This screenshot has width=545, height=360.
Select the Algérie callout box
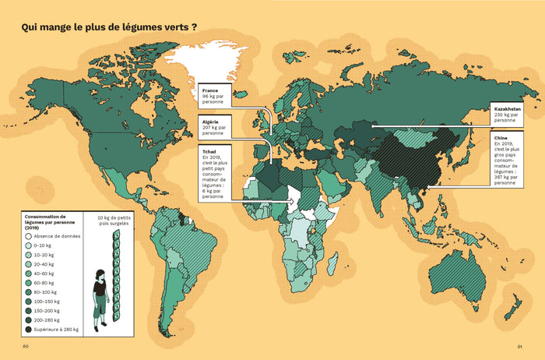(x=216, y=128)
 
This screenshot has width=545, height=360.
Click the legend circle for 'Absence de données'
(x=29, y=235)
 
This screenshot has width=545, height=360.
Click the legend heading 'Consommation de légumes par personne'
(x=51, y=221)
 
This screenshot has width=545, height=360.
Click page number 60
(x=26, y=347)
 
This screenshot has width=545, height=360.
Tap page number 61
(x=519, y=347)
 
